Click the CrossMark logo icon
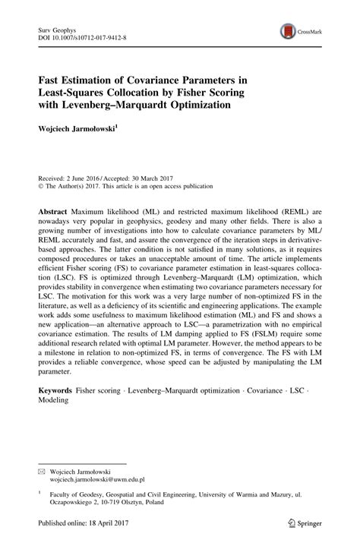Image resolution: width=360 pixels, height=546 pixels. tap(289, 30)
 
